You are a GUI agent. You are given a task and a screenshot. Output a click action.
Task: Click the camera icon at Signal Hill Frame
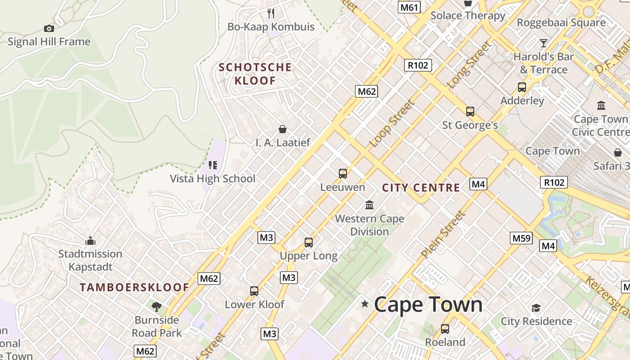[49, 28]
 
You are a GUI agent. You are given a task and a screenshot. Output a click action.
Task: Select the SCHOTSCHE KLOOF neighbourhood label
[255, 74]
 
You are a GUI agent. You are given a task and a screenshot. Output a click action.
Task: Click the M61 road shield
[409, 7]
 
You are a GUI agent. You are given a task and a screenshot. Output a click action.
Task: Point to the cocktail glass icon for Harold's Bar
[544, 43]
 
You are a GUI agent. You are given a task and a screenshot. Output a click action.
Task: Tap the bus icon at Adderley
[522, 87]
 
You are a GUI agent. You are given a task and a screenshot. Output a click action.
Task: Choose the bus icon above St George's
[470, 111]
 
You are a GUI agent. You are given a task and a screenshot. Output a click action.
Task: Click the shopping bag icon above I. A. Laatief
[283, 130]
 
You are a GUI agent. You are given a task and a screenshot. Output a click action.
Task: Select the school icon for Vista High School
[212, 165]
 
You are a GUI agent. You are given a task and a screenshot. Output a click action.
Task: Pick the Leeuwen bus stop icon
[343, 173]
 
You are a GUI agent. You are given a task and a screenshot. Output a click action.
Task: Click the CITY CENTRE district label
[421, 188]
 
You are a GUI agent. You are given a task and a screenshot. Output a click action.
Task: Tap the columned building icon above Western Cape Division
[369, 205]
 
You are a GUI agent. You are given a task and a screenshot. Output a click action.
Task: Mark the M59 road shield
[521, 238]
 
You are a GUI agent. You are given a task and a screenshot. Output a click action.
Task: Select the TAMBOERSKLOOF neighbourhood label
[135, 287]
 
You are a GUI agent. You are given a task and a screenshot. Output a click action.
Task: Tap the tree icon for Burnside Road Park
[157, 307]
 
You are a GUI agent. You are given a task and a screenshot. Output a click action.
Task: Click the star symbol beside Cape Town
[364, 305]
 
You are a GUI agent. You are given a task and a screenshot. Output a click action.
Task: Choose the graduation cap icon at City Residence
[536, 308]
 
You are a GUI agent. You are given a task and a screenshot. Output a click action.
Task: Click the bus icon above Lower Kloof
[254, 291]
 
